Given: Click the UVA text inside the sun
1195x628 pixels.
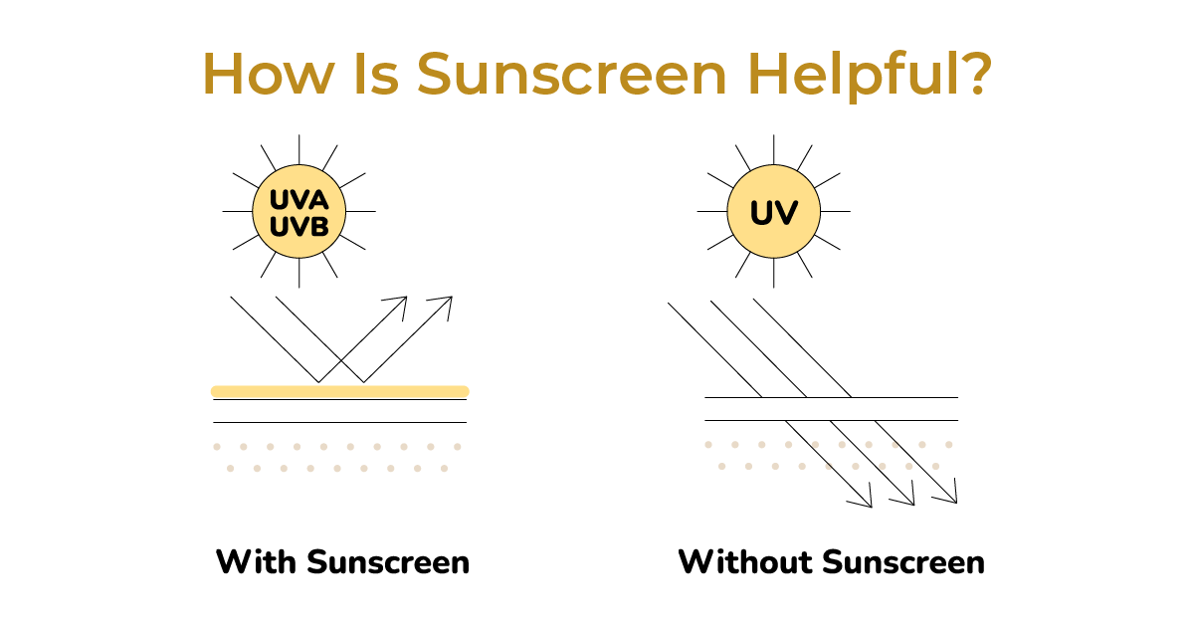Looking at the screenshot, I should click(299, 201).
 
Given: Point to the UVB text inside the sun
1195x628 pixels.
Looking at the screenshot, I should click(299, 228).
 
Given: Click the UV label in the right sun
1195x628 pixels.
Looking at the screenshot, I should click(773, 213).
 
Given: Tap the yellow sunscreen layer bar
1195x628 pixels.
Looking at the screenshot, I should click(339, 391).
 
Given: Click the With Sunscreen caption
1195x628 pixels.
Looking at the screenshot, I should click(342, 562).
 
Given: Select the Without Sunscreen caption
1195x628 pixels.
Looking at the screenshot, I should click(831, 562).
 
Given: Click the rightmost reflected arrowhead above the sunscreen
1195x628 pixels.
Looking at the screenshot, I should click(445, 303).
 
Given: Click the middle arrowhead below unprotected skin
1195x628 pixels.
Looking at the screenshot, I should click(905, 497).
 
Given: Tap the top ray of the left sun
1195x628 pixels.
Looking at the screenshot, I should click(299, 143).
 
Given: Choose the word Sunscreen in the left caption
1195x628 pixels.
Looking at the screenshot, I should click(388, 562).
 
